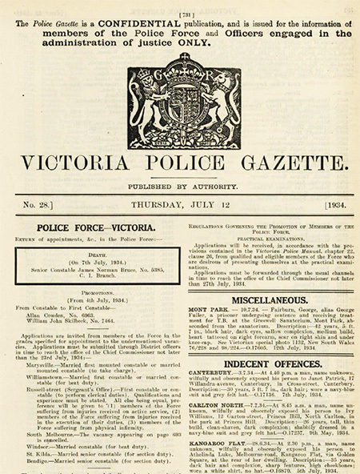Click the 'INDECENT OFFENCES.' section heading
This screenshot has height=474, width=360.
[269, 364]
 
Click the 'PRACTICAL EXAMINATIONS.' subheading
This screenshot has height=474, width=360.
[269, 239]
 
